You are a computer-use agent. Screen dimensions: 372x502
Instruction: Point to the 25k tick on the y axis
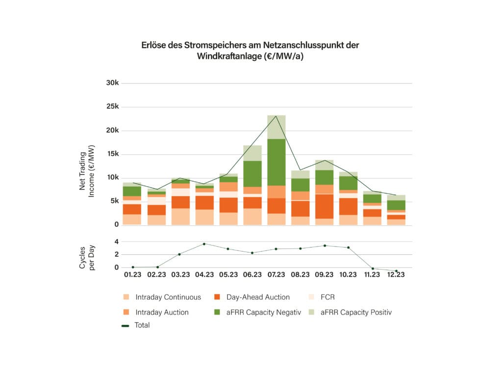pyautogui.click(x=113, y=107)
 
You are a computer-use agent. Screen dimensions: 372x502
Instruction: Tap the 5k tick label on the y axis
pyautogui.click(x=114, y=201)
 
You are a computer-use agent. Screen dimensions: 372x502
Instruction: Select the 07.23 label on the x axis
pyautogui.click(x=276, y=275)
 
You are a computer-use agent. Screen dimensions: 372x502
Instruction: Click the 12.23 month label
pyautogui.click(x=396, y=275)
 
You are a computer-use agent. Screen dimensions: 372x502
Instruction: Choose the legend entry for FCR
pyautogui.click(x=328, y=297)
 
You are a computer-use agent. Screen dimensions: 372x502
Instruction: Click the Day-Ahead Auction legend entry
pyautogui.click(x=258, y=297)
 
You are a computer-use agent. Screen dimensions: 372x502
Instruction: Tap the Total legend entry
pyautogui.click(x=142, y=325)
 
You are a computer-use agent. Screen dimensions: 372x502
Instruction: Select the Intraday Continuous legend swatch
pyautogui.click(x=126, y=297)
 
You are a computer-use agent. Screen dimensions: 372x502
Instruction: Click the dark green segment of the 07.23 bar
pyautogui.click(x=276, y=162)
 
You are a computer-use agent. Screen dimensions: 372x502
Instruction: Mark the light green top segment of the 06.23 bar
pyautogui.click(x=252, y=153)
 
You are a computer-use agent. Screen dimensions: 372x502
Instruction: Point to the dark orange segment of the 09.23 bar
pyautogui.click(x=324, y=206)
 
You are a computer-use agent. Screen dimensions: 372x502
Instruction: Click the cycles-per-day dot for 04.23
pyautogui.click(x=204, y=244)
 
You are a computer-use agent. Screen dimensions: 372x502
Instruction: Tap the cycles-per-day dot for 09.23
pyautogui.click(x=324, y=246)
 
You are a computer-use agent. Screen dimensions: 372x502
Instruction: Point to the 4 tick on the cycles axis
pyautogui.click(x=117, y=242)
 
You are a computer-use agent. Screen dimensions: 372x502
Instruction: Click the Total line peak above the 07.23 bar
pyautogui.click(x=276, y=116)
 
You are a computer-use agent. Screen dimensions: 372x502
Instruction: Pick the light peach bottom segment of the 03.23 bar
pyautogui.click(x=180, y=217)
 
